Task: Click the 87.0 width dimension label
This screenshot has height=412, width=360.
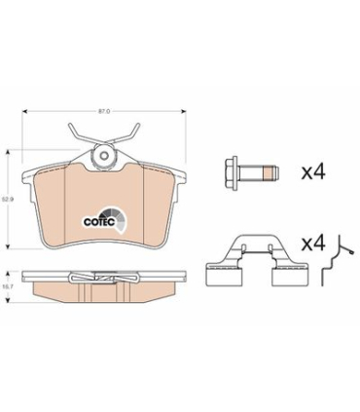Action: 104,111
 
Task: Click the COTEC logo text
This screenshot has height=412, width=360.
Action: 99,222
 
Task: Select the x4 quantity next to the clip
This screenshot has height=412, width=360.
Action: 313,243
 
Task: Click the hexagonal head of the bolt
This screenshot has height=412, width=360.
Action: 232,172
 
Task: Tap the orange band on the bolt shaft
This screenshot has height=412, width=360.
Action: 268,172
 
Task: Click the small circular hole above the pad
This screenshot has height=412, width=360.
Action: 104,155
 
